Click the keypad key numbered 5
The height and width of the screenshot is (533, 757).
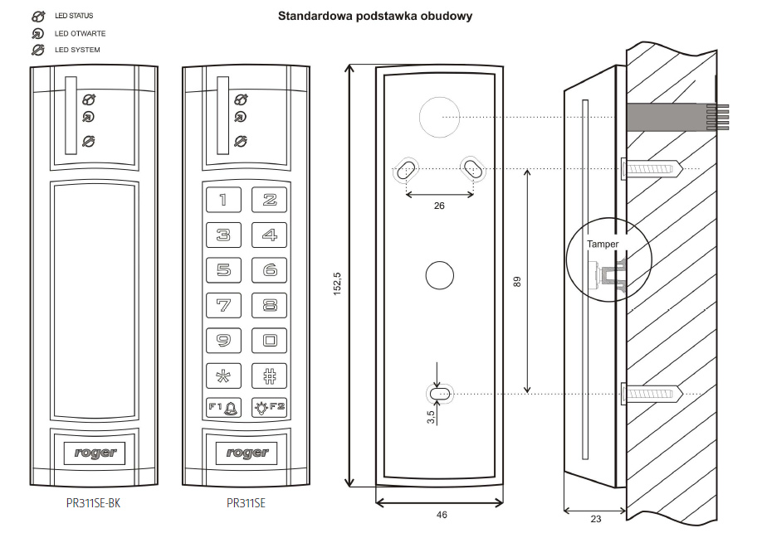[223, 269]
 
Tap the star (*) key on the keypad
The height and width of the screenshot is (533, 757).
[223, 374]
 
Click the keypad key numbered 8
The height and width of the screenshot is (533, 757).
[270, 304]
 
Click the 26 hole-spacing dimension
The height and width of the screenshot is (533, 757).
[439, 206]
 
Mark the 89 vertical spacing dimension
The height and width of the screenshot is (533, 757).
[516, 281]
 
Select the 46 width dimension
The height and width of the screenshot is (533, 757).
[441, 515]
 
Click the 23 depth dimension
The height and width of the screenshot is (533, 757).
[595, 519]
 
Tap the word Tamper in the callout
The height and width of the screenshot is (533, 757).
[603, 244]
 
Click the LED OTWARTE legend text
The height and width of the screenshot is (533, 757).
[81, 34]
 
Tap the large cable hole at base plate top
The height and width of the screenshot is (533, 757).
[439, 117]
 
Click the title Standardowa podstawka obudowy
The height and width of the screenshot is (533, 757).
[375, 16]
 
